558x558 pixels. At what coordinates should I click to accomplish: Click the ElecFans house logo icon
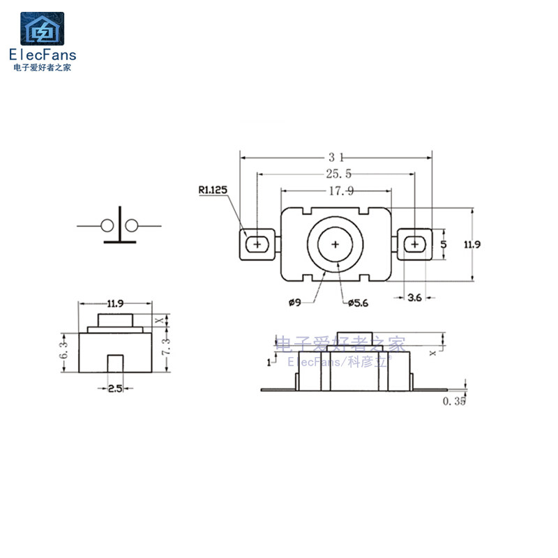pyautogui.click(x=43, y=29)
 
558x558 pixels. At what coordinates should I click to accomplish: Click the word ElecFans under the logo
pyautogui.click(x=43, y=55)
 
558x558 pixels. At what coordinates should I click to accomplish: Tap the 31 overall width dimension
pyautogui.click(x=336, y=157)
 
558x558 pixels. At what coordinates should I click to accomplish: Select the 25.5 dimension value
pyautogui.click(x=338, y=174)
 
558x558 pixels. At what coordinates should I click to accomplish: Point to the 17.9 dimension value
pyautogui.click(x=341, y=191)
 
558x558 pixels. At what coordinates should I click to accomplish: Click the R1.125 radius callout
pyautogui.click(x=213, y=190)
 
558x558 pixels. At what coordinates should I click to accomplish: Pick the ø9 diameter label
pyautogui.click(x=295, y=303)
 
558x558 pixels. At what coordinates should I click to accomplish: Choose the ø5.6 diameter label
pyautogui.click(x=358, y=303)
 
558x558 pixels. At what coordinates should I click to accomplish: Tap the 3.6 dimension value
pyautogui.click(x=414, y=298)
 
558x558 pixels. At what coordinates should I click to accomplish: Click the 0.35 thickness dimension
pyautogui.click(x=454, y=401)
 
